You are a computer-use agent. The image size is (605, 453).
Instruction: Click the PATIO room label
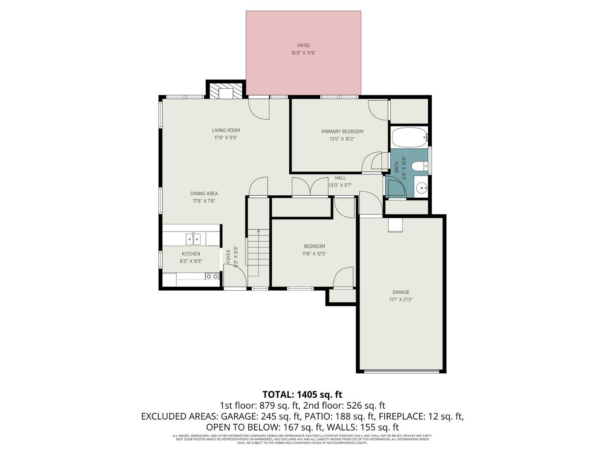click(x=303, y=46)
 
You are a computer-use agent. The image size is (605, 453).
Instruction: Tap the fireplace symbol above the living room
click(x=225, y=91)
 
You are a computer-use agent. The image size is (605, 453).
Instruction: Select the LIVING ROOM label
click(x=226, y=130)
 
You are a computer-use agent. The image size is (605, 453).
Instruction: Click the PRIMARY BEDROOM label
click(x=342, y=131)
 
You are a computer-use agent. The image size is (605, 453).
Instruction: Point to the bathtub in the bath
click(x=409, y=137)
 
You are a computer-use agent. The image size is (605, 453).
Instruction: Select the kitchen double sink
click(x=193, y=239)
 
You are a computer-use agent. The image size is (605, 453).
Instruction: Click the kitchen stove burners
click(x=212, y=276)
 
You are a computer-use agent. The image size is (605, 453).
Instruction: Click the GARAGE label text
click(x=401, y=292)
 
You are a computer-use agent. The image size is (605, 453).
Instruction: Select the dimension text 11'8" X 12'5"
click(x=314, y=254)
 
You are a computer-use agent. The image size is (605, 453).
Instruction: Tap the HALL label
click(x=340, y=178)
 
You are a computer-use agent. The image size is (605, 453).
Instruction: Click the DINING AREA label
click(x=204, y=193)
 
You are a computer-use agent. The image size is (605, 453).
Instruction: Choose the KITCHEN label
click(x=191, y=254)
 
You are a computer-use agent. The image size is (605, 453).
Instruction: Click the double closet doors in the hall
click(x=310, y=187)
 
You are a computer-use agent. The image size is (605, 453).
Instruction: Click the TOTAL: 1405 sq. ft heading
click(x=302, y=394)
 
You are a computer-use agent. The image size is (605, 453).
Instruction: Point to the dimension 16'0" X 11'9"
click(x=303, y=53)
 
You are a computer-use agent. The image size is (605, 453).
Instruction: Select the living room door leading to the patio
click(x=259, y=108)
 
